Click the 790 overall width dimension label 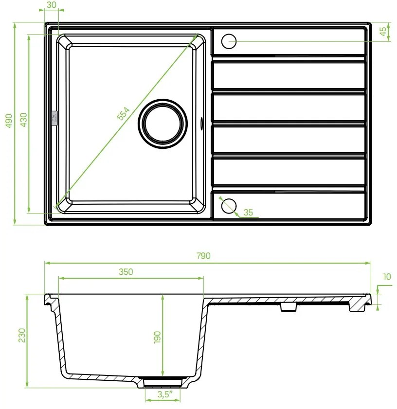click(x=204, y=256)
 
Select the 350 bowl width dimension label click(x=126, y=272)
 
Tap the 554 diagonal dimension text click(x=124, y=114)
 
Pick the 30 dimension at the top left click(x=51, y=4)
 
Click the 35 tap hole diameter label click(x=248, y=212)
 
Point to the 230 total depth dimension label click(x=22, y=335)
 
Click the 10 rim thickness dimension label click(x=387, y=277)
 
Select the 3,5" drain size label click(x=163, y=395)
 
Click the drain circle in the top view click(x=163, y=122)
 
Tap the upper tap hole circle click(x=229, y=41)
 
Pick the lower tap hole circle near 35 click(x=228, y=206)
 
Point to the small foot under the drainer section click(x=288, y=307)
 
